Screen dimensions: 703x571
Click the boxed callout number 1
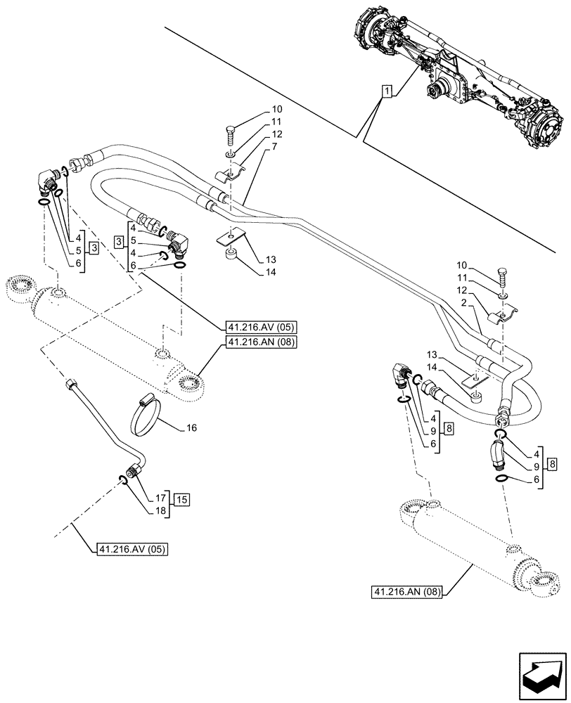pyautogui.click(x=386, y=90)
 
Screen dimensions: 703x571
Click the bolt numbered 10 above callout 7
pyautogui.click(x=231, y=131)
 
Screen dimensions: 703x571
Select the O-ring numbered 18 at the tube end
pyautogui.click(x=122, y=480)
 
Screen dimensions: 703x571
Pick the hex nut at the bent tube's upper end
pyautogui.click(x=71, y=385)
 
